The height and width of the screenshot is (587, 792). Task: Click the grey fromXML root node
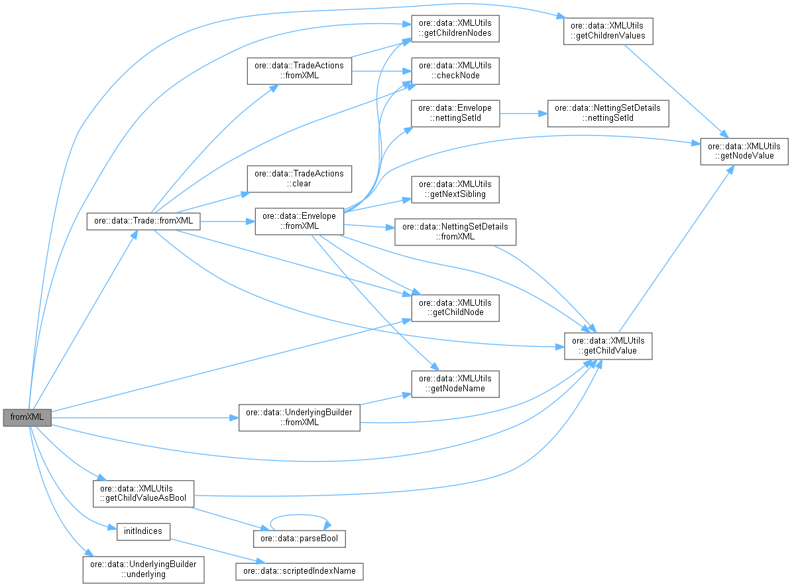[27, 418]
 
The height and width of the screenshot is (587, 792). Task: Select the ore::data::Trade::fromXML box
[143, 222]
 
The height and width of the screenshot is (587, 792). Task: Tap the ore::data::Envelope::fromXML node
[299, 221]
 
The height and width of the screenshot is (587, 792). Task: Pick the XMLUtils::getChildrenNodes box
[455, 29]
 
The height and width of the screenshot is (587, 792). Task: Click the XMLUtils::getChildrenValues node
[608, 31]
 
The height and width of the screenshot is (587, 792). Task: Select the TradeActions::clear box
[299, 178]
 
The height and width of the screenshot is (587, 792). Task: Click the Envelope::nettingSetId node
[455, 113]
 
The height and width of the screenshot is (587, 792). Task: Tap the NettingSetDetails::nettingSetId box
[608, 113]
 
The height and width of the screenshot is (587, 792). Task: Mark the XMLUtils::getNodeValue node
[744, 151]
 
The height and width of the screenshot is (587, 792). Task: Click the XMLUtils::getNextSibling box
[455, 189]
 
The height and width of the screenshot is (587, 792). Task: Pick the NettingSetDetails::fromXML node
[455, 231]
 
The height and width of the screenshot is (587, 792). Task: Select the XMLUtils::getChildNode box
[455, 308]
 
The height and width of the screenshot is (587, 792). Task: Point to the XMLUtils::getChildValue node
[608, 346]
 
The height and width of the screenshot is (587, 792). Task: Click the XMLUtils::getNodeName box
[455, 383]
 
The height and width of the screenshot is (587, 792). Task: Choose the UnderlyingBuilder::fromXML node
[299, 417]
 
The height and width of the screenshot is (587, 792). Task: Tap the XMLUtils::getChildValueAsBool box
[143, 493]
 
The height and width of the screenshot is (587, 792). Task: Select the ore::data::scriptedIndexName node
[299, 570]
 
